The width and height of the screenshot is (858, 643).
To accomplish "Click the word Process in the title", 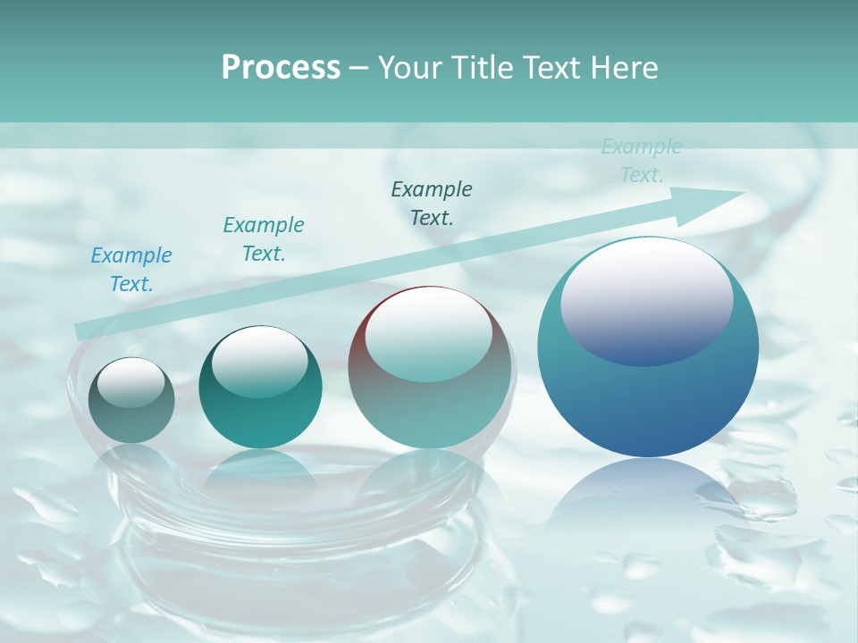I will click(281, 68).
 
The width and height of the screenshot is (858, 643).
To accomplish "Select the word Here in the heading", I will click(622, 68).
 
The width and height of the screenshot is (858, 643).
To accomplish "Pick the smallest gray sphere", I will click(132, 400).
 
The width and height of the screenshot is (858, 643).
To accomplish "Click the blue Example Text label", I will click(131, 269).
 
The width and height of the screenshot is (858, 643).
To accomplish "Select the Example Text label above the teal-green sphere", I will click(263, 238).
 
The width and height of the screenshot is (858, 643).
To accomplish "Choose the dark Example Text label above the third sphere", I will click(432, 203).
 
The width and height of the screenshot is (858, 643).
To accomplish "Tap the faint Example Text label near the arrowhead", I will click(641, 161).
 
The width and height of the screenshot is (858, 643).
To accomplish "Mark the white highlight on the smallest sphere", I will click(130, 383).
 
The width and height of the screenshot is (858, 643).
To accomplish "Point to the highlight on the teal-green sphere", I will click(259, 361).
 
